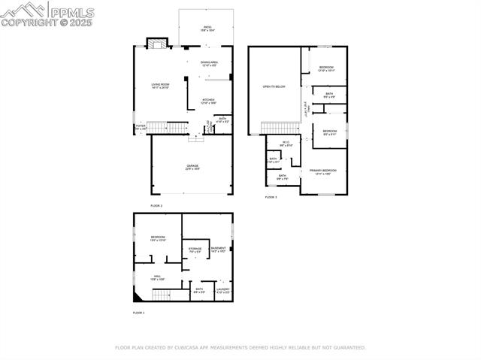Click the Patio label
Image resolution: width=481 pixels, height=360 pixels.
click(207, 29)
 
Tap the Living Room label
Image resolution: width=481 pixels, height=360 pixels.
click(160, 86)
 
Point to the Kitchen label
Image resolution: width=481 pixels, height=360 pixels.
click(208, 101)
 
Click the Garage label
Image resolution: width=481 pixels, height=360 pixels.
click(193, 168)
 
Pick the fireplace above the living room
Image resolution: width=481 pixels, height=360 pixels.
click(155, 44)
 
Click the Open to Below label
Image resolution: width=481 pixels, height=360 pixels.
click(274, 86)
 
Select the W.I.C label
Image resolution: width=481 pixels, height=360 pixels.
click(286, 144)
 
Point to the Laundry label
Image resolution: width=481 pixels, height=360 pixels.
click(222, 289)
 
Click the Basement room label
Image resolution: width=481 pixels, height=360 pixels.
click(218, 250)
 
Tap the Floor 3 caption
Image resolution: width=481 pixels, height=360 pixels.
click(271, 198)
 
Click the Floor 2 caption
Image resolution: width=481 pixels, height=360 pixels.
click(156, 205)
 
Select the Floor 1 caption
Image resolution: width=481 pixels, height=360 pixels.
click(138, 312)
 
